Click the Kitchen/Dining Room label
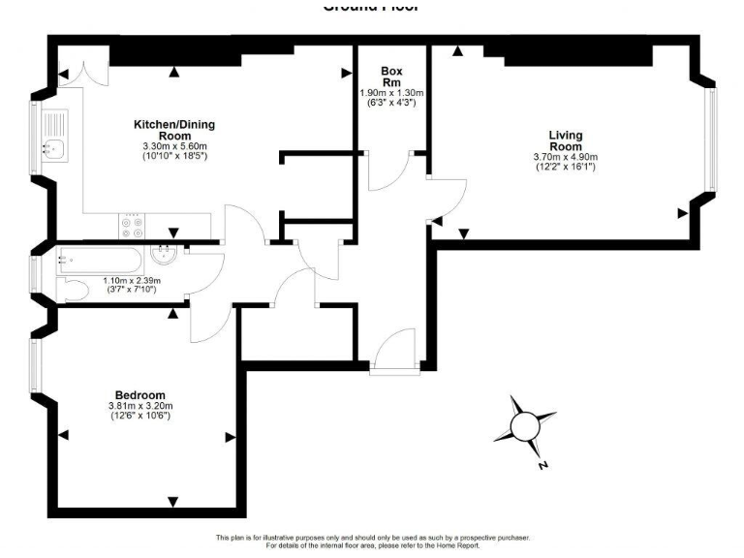[x=174, y=130]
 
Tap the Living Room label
[x=566, y=140]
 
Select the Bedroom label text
[x=140, y=395]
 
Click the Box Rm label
[x=391, y=77]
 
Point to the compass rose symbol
[x=524, y=425]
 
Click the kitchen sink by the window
[x=52, y=148]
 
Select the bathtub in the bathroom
[x=101, y=259]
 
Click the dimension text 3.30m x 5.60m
[x=174, y=146]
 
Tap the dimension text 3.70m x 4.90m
[x=566, y=157]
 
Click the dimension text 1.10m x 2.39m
[x=133, y=281]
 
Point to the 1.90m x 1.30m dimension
[x=391, y=93]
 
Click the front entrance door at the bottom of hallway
[x=396, y=351]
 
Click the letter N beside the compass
[x=542, y=466]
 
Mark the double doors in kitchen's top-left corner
[x=77, y=74]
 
